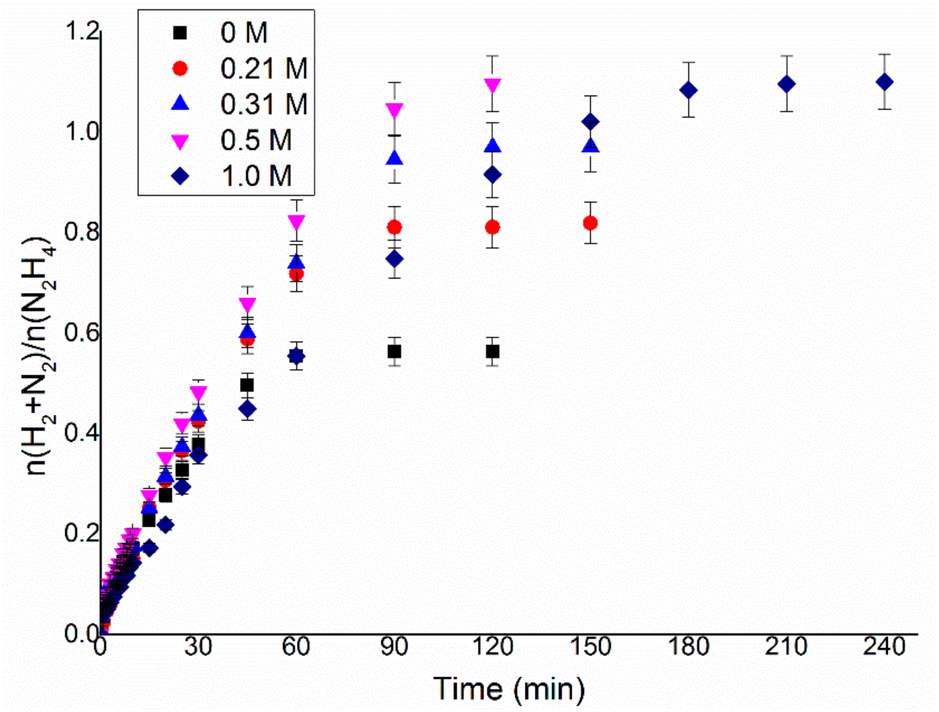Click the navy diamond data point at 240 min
tap(884, 82)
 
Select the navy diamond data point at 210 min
tap(787, 84)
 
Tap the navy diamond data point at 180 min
tap(688, 90)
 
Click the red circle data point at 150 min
tap(590, 223)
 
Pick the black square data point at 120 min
tap(492, 351)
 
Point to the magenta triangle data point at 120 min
tap(492, 85)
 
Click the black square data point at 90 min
tap(394, 351)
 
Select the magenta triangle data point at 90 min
tap(394, 110)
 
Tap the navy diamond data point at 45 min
tap(247, 409)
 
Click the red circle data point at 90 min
tap(394, 227)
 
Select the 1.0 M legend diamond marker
tap(180, 176)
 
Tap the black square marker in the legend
tap(180, 32)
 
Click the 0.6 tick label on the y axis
tap(82, 333)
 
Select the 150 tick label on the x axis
tap(590, 647)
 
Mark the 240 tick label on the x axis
tap(884, 647)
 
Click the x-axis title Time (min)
tap(508, 688)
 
